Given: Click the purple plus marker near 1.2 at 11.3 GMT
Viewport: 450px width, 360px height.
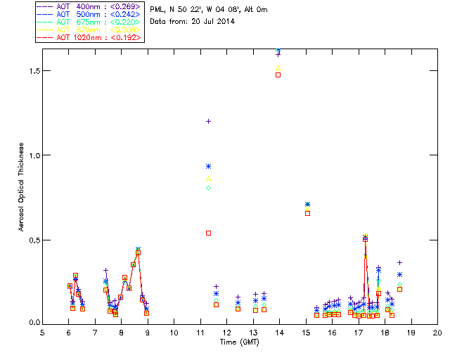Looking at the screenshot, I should tap(208, 121).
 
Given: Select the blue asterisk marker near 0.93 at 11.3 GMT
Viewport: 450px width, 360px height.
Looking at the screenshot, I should tap(208, 166).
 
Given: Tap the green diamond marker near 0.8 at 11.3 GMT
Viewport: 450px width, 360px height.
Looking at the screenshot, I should tap(208, 188).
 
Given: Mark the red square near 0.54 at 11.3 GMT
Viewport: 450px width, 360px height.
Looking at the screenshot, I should tap(208, 233).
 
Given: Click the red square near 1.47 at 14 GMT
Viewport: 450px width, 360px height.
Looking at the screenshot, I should tap(278, 75).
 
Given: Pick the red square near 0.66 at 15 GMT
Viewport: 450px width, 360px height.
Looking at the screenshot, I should tap(307, 213).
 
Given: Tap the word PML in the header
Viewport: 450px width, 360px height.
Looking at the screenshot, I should tap(157, 9).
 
